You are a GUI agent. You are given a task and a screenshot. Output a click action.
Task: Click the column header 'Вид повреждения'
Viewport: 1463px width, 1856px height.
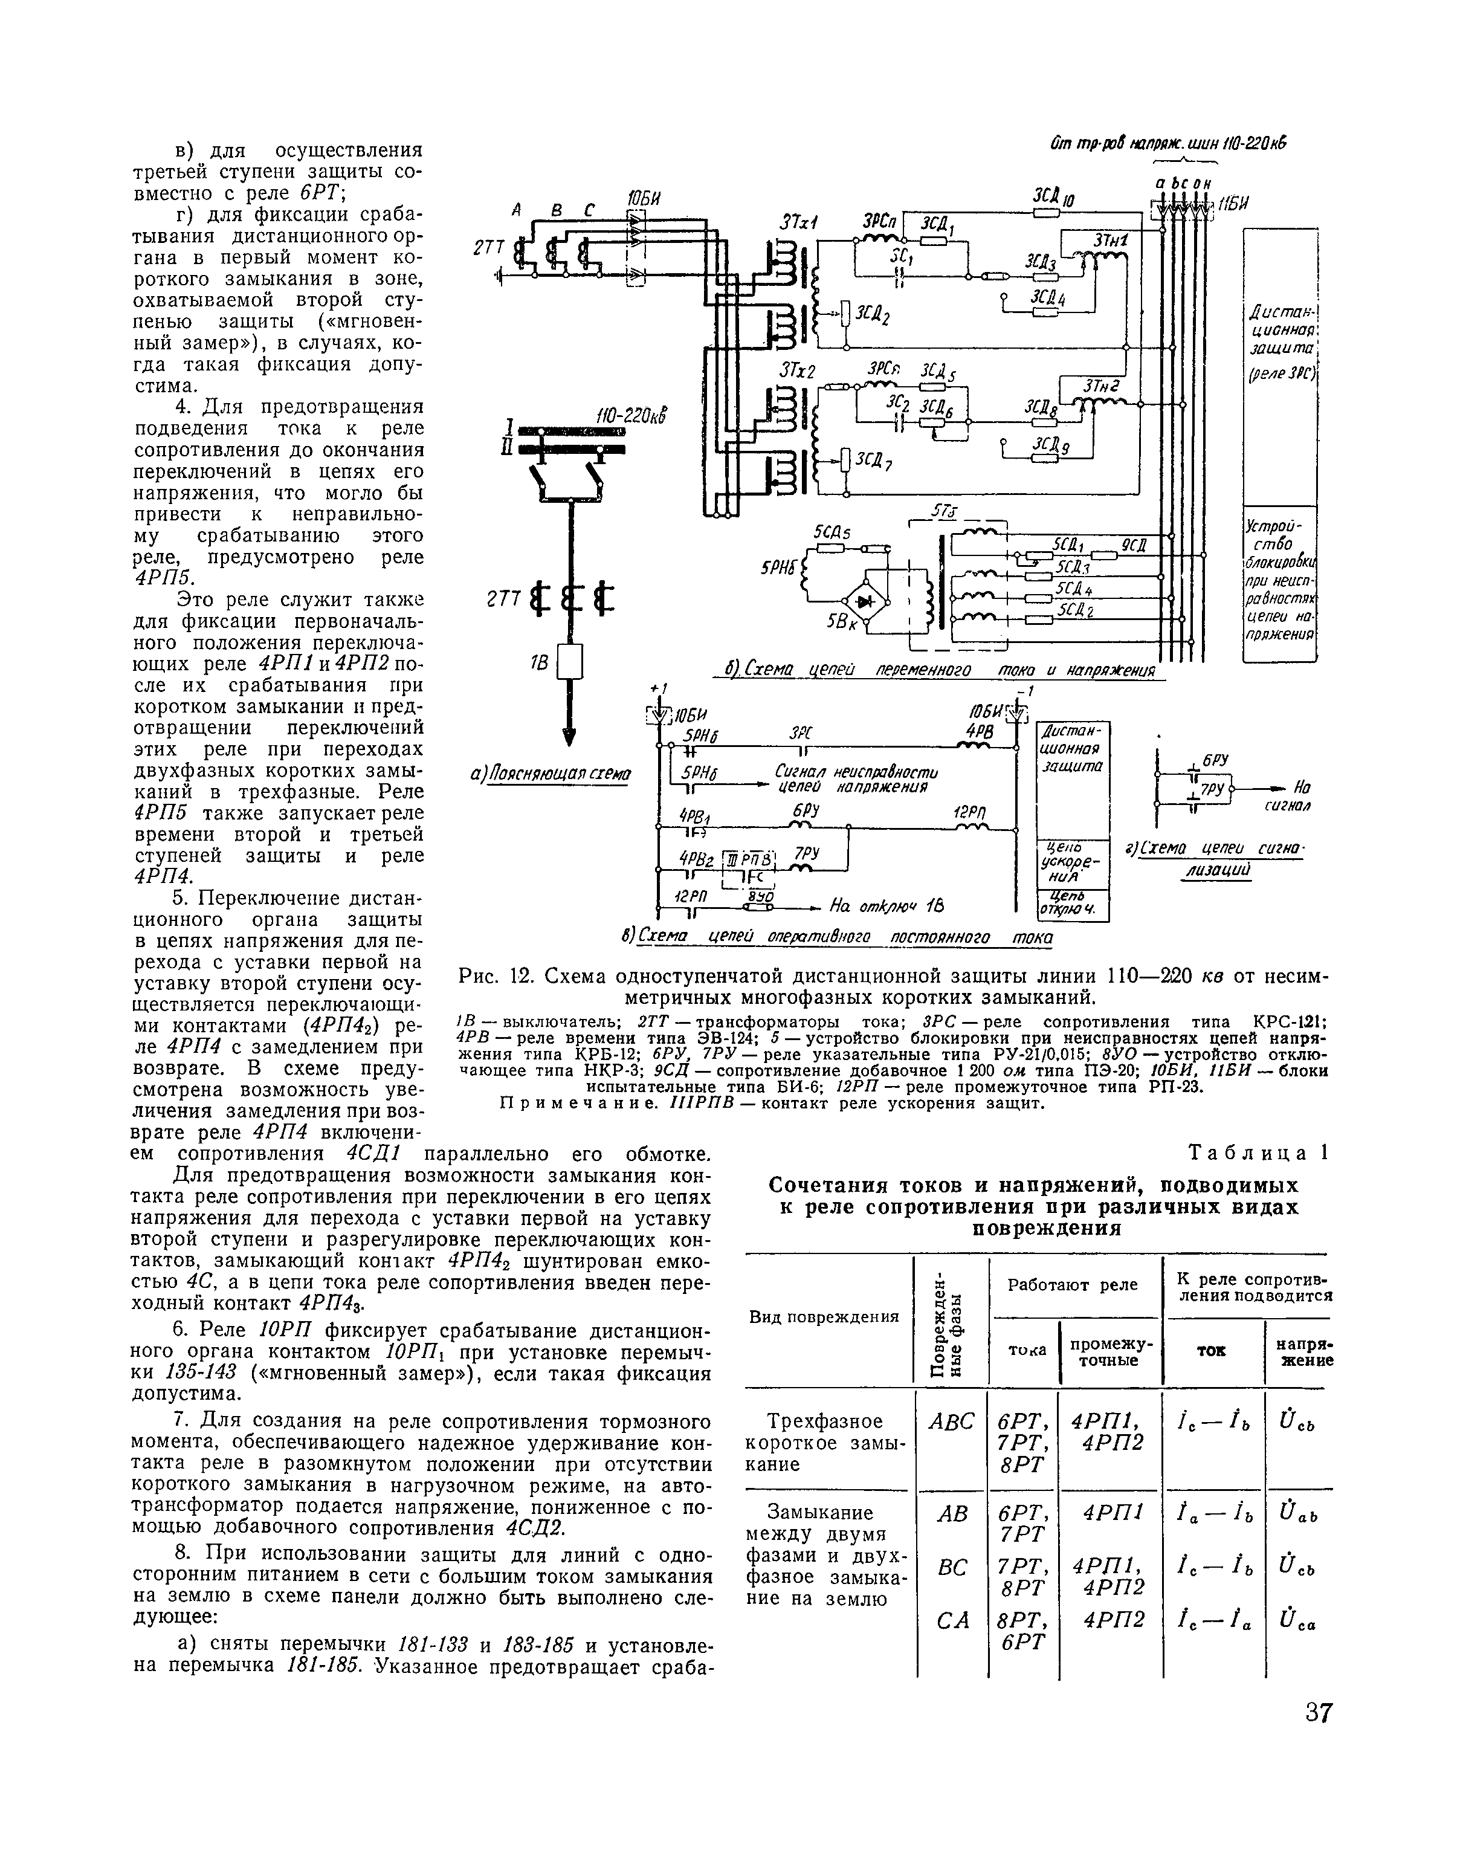(x=824, y=1316)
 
